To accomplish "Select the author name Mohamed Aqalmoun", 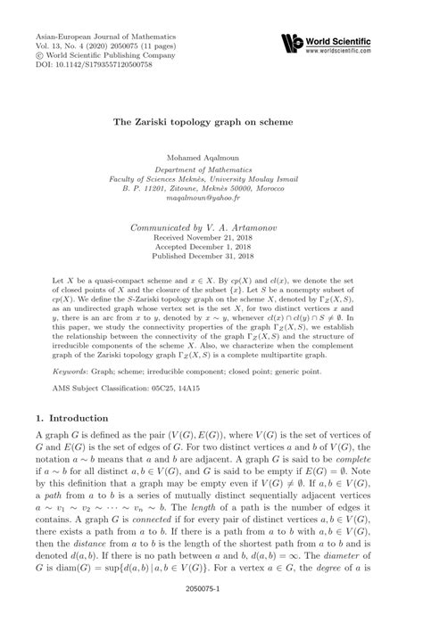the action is coord(211,157).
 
